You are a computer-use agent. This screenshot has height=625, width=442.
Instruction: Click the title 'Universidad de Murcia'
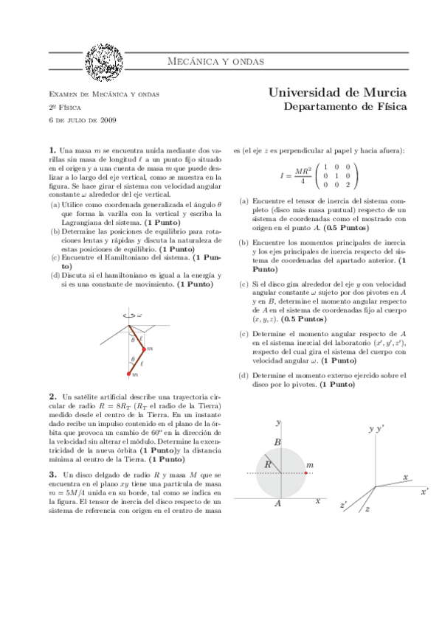tap(336, 94)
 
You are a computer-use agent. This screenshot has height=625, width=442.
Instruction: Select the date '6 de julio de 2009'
tap(76, 119)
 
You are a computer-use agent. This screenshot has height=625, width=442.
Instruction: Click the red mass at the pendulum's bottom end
tap(129, 374)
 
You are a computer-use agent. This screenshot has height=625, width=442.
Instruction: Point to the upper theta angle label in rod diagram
tap(133, 340)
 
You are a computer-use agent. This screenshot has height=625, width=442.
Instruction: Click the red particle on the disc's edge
tap(305, 472)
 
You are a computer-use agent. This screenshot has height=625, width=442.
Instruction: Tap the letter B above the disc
tap(277, 441)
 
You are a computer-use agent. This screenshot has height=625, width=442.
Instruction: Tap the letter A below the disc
tap(277, 503)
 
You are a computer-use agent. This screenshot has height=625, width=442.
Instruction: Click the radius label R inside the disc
tap(269, 465)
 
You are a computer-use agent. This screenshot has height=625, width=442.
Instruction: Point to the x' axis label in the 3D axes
tap(424, 490)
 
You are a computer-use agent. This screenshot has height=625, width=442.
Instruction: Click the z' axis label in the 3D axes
tap(343, 506)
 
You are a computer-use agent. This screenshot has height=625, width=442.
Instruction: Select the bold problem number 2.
tap(52, 396)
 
